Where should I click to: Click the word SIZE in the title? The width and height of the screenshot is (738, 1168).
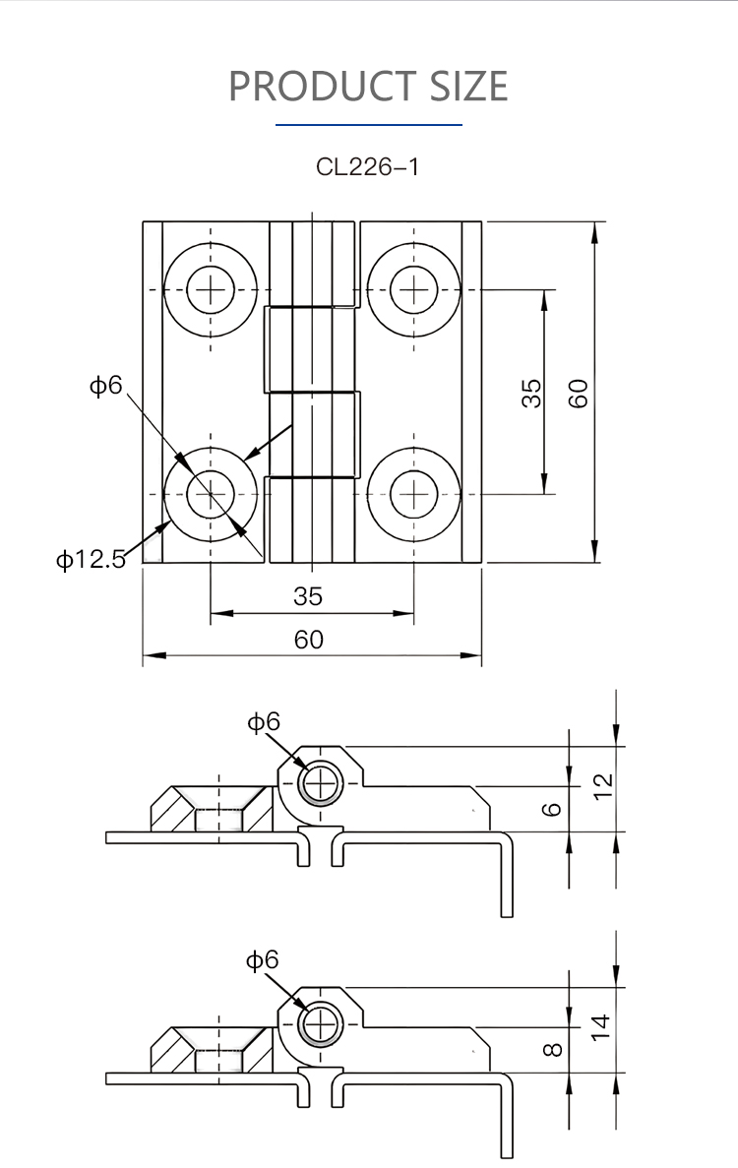coord(468,87)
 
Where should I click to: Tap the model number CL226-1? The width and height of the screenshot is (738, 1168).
coord(367,166)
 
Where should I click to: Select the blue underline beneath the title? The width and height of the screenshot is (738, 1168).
coord(368,125)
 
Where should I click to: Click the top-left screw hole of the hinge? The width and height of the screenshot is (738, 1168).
coord(211,289)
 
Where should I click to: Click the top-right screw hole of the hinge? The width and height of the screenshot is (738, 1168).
coord(414,289)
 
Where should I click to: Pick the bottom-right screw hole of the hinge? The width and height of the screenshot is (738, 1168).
coord(414,492)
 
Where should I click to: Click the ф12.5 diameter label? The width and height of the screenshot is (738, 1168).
coord(91,560)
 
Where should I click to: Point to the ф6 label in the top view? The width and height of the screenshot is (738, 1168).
coord(106,385)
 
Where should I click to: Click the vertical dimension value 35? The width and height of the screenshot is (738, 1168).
coord(530,393)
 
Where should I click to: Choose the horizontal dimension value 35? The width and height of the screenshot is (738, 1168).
coord(308,596)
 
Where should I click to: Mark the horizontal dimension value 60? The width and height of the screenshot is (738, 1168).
coord(308,640)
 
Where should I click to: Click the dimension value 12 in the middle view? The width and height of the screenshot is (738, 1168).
coord(603,783)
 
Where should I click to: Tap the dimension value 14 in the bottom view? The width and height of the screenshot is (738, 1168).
coord(603,1027)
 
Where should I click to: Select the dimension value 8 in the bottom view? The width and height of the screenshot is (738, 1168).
coord(553,1049)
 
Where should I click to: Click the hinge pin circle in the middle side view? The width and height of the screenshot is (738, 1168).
coord(319,784)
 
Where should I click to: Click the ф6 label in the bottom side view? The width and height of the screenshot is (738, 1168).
coord(263,959)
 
